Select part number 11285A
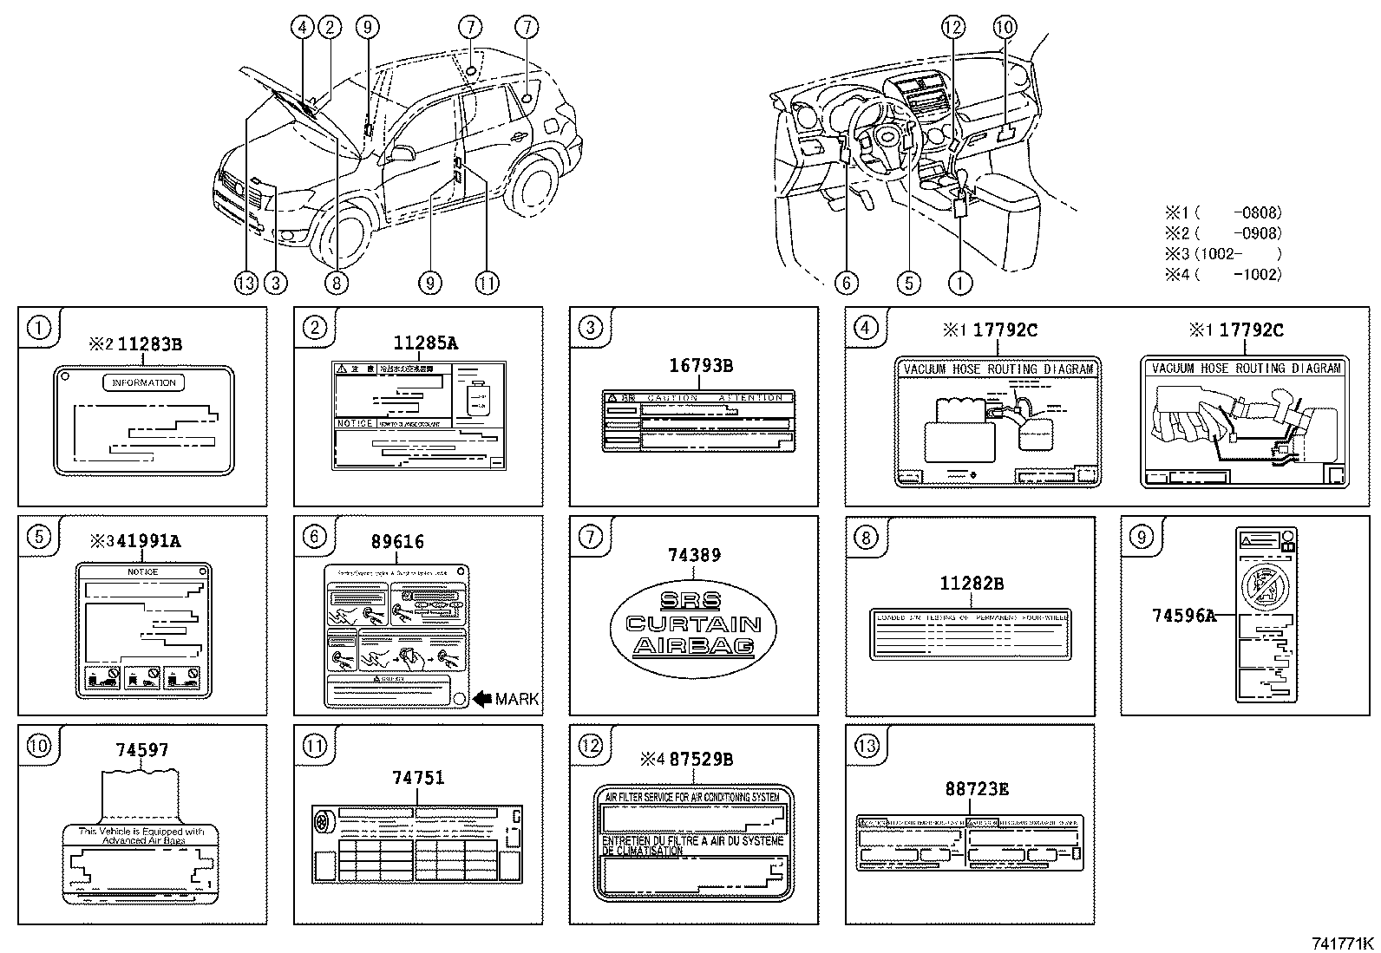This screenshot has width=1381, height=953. coord(425,343)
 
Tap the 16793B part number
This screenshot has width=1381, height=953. coord(701,366)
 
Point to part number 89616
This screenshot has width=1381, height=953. coord(397,542)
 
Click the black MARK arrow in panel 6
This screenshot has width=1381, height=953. coord(482,698)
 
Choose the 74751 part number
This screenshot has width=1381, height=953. coord(417,778)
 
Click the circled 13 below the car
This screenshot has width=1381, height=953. coord(245,282)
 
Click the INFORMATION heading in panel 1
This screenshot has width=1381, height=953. coord(144,382)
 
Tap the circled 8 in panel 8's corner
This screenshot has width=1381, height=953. coord(865,538)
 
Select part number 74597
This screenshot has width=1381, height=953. coord(142,751)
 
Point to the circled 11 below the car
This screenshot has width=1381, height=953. coord(487,282)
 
